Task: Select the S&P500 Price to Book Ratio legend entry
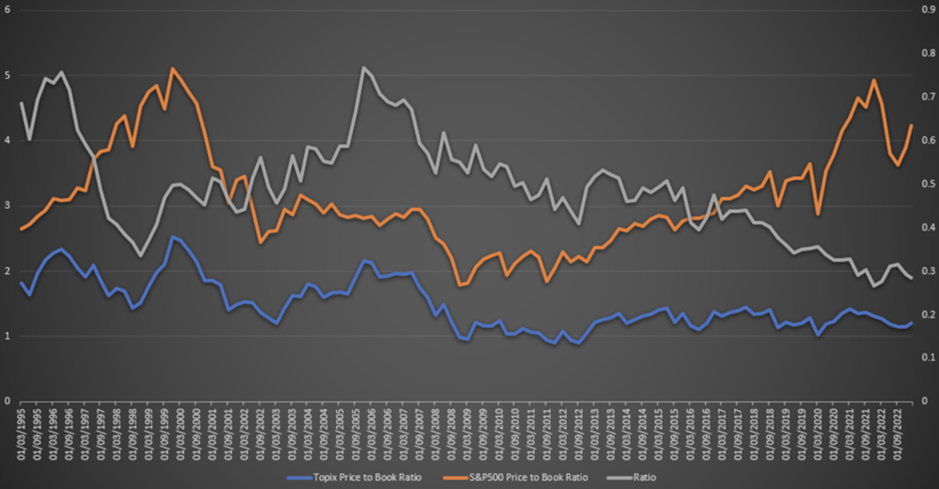point(528,478)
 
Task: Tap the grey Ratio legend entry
point(644,478)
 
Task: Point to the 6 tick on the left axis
point(8,10)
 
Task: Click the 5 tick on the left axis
point(8,75)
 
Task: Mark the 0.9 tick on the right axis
point(928,10)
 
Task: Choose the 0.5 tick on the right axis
point(928,184)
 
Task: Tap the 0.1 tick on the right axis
point(928,358)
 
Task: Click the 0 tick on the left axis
point(8,401)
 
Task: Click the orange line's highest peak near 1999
point(172,68)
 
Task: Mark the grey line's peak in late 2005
point(363,67)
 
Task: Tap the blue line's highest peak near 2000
point(172,236)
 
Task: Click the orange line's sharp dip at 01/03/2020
point(818,214)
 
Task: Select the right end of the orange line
point(912,125)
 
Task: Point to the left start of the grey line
point(21,103)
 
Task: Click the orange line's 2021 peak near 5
point(873,80)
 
